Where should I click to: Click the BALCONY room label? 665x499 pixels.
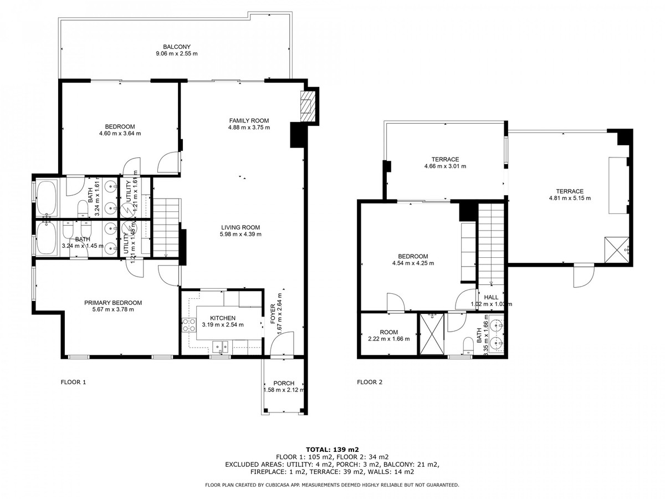(177, 47)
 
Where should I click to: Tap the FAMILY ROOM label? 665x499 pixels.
(249, 120)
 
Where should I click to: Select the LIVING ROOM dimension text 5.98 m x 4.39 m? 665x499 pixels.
(241, 234)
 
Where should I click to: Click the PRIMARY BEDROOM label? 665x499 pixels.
(113, 303)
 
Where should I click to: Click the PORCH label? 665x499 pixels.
(284, 383)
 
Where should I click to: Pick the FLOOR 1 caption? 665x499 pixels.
(73, 382)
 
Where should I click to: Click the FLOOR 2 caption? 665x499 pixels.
(370, 382)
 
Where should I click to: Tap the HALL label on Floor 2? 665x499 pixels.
(491, 297)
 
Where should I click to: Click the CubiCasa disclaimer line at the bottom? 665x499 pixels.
(332, 485)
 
